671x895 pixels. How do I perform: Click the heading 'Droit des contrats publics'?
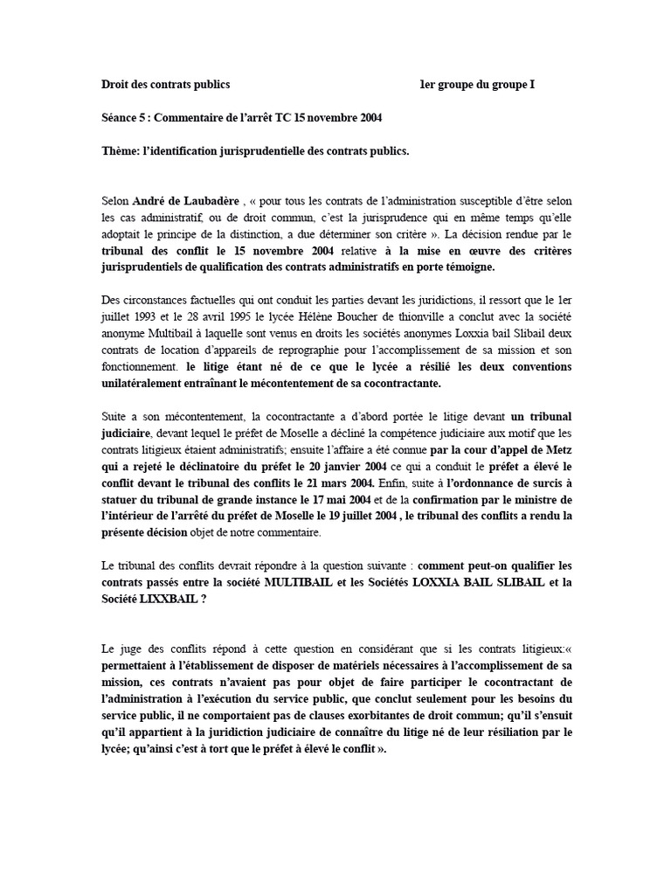[166, 85]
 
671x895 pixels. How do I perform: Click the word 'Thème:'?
[121, 150]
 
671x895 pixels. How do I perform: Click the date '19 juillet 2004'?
[354, 516]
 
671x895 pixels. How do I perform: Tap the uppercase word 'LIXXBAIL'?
[175, 599]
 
